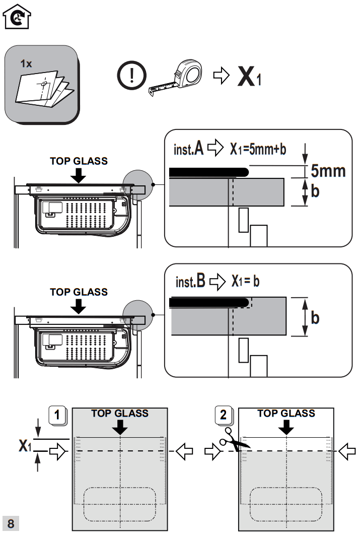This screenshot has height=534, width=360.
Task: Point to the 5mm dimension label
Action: click(x=328, y=171)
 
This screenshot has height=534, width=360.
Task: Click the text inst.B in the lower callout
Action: click(x=190, y=281)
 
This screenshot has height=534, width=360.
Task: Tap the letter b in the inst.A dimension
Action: click(x=315, y=192)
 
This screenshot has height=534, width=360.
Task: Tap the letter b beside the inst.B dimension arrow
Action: click(x=315, y=318)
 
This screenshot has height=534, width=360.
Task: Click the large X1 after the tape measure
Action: click(x=249, y=77)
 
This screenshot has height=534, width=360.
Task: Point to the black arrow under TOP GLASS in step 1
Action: click(x=120, y=428)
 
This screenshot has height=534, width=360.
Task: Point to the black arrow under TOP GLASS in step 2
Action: click(x=286, y=428)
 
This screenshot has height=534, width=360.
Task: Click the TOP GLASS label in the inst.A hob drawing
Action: click(x=79, y=161)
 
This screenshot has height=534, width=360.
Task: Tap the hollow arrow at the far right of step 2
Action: click(x=347, y=451)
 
